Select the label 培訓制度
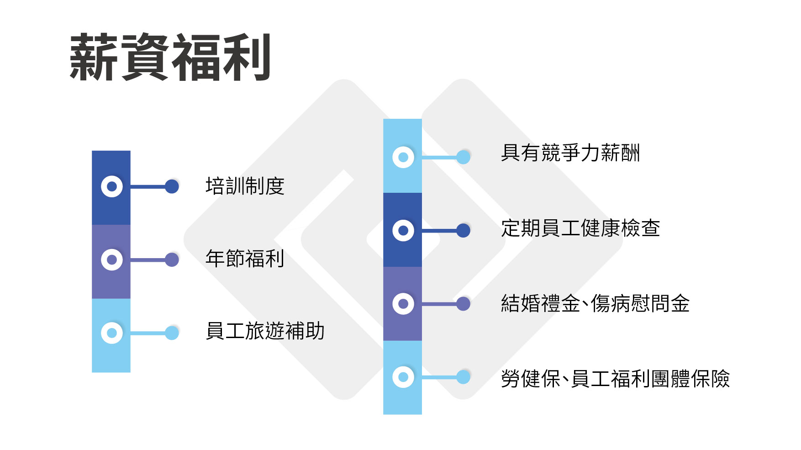[245, 186]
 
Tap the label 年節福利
[245, 259]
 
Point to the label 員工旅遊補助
[265, 331]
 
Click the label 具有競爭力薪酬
[570, 153]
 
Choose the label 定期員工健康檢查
[580, 228]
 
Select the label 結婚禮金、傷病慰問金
[595, 303]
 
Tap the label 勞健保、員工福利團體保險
[615, 379]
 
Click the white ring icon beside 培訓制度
[112, 186]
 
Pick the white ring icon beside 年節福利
[112, 260]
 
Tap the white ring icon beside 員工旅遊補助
[112, 333]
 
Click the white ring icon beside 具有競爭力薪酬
[403, 157]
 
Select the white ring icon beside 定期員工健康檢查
[403, 230]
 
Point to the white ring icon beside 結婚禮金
[403, 304]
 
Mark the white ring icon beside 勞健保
[403, 377]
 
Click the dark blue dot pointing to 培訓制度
[172, 186]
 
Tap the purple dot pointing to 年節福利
[172, 260]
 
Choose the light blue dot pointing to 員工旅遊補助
[172, 333]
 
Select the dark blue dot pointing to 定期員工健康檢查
[463, 230]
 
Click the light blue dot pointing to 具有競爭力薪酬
[463, 157]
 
